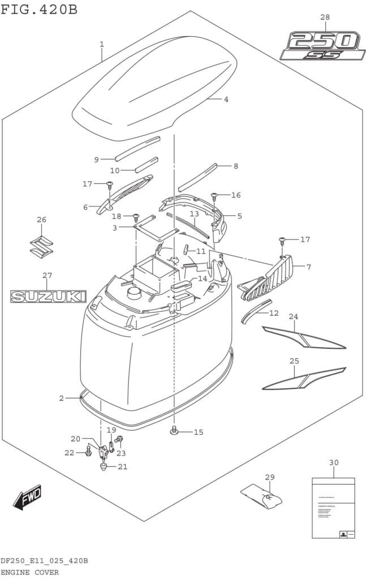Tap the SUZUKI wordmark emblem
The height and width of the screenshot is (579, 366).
[48, 296]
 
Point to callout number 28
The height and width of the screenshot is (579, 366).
[325, 18]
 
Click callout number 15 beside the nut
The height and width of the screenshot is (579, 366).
[197, 433]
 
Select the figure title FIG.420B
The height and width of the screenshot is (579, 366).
[40, 10]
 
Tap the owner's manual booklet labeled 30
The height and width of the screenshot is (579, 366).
[333, 508]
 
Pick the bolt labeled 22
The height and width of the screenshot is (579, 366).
[88, 451]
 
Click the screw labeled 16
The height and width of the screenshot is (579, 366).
[214, 196]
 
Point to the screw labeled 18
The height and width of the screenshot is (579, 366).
[136, 217]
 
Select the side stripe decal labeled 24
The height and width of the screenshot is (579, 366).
[303, 338]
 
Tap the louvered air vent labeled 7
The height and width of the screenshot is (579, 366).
[268, 278]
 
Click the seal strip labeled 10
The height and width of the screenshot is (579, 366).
[146, 165]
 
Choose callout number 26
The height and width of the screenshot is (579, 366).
[42, 219]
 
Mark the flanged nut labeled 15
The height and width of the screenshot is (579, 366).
[175, 432]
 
